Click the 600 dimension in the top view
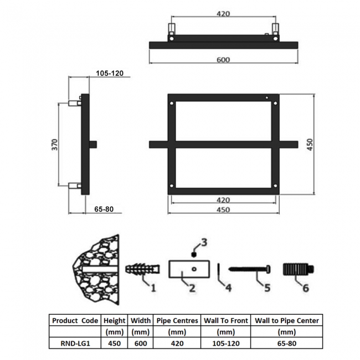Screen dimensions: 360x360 (x=223, y=60)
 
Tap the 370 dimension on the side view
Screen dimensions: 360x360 (x=55, y=145)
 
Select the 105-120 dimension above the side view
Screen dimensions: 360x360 (x=110, y=73)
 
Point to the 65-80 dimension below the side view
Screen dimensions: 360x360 (x=104, y=209)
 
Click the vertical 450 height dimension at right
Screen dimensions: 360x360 (x=310, y=145)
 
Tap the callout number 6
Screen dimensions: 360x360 (x=306, y=288)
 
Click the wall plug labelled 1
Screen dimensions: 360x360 (x=142, y=269)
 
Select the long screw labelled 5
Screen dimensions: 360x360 (x=250, y=269)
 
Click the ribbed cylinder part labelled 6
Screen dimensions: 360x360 (x=298, y=270)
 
